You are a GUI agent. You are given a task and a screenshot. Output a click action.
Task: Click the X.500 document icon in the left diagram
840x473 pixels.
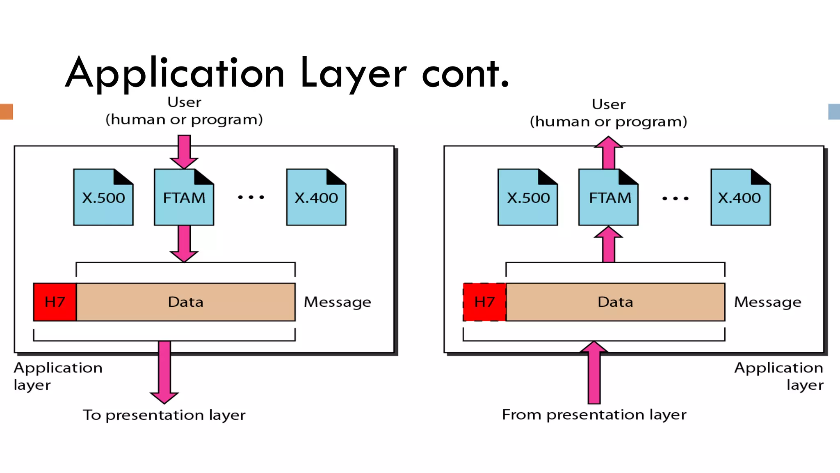103,197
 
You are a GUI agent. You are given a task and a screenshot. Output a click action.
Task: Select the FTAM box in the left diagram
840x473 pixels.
184,197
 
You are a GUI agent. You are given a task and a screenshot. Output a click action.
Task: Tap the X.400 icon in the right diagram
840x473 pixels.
740,197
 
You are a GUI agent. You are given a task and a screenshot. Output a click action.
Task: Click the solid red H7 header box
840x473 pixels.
55,302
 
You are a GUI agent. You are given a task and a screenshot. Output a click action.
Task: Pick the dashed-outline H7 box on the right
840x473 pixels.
484,302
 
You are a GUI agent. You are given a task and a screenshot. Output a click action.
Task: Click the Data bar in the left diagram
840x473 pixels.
185,302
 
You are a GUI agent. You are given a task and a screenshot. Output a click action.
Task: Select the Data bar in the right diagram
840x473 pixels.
615,302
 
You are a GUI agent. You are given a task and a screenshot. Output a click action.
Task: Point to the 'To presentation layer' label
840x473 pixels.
164,415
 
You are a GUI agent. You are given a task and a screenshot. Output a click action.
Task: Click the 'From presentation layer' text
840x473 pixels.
594,415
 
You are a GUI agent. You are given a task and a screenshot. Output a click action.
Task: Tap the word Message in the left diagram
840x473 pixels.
337,302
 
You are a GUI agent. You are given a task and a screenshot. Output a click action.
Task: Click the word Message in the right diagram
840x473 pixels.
767,302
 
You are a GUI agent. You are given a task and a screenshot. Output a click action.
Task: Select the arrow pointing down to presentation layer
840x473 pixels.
164,372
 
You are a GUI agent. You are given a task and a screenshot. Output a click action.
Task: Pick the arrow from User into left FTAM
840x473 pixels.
184,152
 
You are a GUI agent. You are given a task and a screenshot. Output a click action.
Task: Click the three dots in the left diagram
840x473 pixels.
251,197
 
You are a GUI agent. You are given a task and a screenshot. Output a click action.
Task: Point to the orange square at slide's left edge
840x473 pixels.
6,112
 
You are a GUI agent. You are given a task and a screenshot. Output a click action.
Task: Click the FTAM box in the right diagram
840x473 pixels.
609,197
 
